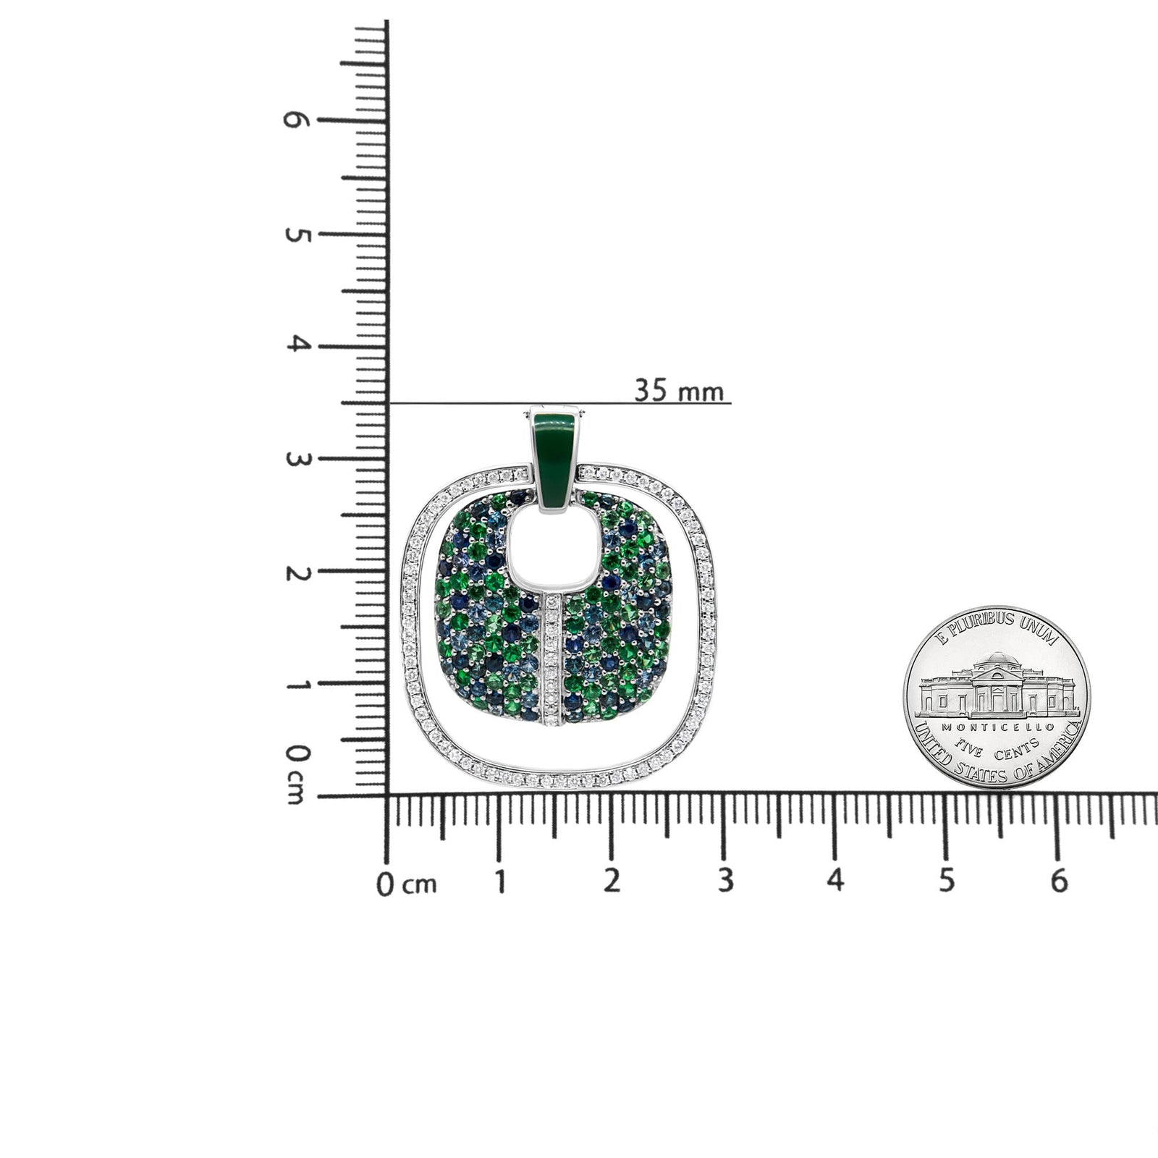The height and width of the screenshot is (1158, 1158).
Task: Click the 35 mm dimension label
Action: [678, 391]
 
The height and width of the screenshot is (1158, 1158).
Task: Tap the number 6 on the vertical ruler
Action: [296, 121]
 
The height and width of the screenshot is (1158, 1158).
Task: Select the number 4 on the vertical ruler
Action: [296, 345]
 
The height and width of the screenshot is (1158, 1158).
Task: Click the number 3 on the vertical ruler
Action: [296, 459]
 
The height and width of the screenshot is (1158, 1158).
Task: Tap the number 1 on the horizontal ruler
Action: [499, 882]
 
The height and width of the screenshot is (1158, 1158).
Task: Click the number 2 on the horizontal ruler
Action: [612, 882]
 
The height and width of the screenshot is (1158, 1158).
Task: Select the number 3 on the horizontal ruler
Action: [724, 882]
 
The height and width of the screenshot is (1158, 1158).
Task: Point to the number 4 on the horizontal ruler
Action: [835, 882]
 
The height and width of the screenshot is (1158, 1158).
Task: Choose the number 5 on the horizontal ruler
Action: [947, 882]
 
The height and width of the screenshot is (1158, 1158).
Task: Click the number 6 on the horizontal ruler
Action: [1059, 882]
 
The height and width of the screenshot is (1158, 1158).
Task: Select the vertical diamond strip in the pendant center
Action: [554, 659]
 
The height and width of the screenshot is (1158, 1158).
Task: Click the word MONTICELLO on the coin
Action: [996, 726]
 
